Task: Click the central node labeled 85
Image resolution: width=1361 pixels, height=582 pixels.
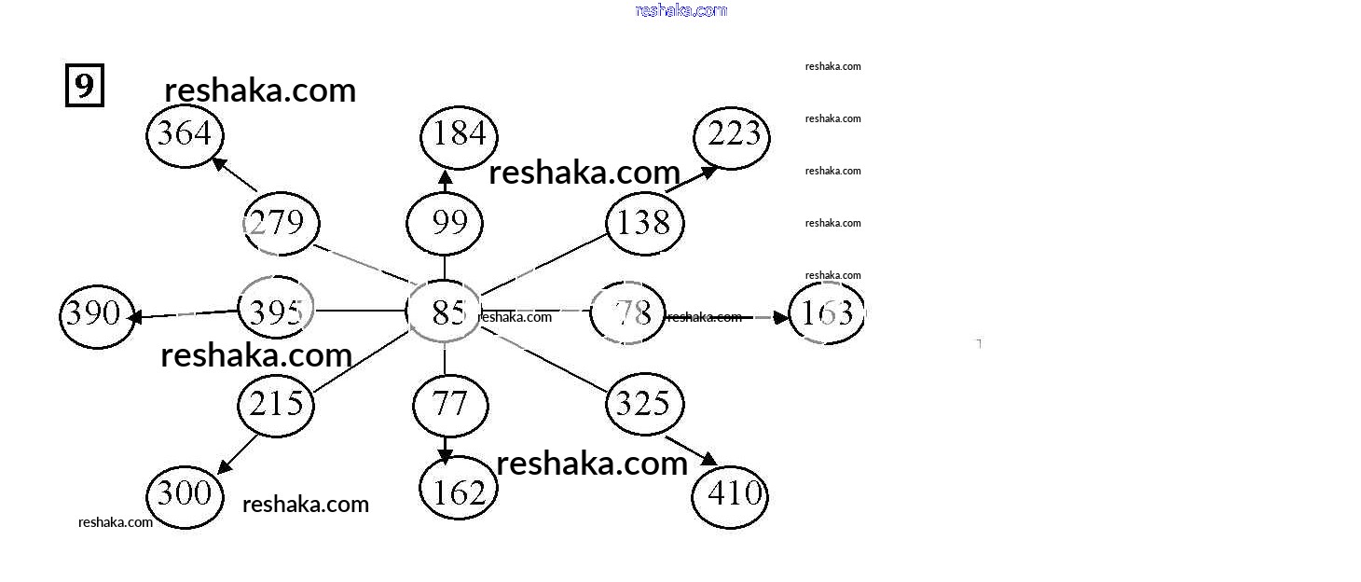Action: [445, 312]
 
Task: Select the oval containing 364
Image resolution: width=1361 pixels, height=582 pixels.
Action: [185, 135]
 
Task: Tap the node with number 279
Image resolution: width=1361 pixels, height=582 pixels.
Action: [281, 224]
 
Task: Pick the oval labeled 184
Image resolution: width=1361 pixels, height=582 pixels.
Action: [459, 135]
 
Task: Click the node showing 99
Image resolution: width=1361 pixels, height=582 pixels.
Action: [445, 224]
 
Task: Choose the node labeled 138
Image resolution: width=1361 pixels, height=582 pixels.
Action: [644, 224]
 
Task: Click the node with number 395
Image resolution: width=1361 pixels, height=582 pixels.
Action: [276, 310]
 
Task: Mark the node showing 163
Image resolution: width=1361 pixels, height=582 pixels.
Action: [826, 312]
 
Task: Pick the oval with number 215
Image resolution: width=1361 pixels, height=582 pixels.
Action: [276, 405]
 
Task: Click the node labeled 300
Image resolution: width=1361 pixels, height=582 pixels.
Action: [185, 493]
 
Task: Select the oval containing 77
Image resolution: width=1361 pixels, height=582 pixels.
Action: [450, 405]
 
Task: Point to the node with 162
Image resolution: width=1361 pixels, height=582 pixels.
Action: [459, 492]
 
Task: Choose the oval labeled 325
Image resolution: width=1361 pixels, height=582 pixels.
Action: [644, 404]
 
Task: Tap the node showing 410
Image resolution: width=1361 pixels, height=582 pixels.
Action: [730, 495]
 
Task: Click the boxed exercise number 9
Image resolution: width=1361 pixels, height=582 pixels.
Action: [84, 86]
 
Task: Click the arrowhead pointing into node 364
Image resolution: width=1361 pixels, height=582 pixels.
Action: [220, 164]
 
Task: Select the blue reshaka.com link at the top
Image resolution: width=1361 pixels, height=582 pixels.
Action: [680, 10]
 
